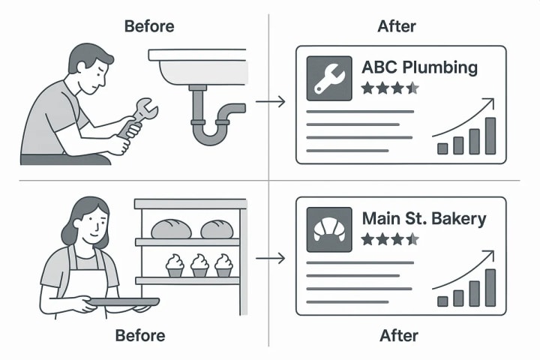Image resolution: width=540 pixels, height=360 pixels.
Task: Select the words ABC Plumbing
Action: pos(419,67)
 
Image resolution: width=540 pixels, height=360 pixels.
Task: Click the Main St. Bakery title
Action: pos(424,219)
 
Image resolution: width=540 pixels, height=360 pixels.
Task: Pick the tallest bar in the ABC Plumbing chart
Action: pos(490,136)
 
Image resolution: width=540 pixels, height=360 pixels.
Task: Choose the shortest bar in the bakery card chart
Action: pos(442,301)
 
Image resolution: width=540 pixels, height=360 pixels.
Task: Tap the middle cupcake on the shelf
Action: pos(199,265)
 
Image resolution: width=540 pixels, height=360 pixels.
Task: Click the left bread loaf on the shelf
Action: pos(171,229)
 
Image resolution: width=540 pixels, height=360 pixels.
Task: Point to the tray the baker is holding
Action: pos(124,301)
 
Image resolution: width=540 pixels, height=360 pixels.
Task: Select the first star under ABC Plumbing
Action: pos(367,88)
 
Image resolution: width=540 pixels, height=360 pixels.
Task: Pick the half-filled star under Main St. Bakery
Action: pos(412,240)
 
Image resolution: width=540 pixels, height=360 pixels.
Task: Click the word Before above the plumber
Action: pos(148,25)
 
